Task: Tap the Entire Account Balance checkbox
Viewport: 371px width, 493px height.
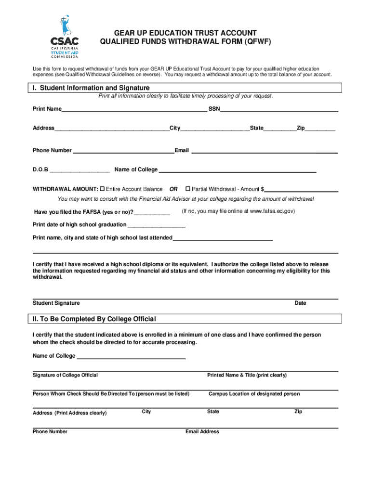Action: (x=102, y=189)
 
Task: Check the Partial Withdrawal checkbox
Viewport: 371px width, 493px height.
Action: (x=188, y=189)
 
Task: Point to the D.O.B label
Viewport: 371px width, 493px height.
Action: (x=40, y=169)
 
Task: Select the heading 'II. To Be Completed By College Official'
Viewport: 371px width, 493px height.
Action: (x=94, y=319)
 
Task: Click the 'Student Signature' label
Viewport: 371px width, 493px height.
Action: (x=56, y=303)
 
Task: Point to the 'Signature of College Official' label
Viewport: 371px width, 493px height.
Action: (x=65, y=375)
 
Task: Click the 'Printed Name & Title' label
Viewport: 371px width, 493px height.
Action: (x=247, y=375)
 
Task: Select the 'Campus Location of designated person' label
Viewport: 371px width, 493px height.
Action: (x=254, y=394)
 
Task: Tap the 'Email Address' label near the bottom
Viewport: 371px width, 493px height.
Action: (x=202, y=432)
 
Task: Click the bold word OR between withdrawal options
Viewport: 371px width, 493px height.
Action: (x=173, y=189)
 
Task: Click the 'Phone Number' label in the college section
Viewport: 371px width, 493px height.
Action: (x=50, y=432)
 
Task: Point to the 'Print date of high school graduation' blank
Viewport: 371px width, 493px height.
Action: (x=156, y=225)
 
